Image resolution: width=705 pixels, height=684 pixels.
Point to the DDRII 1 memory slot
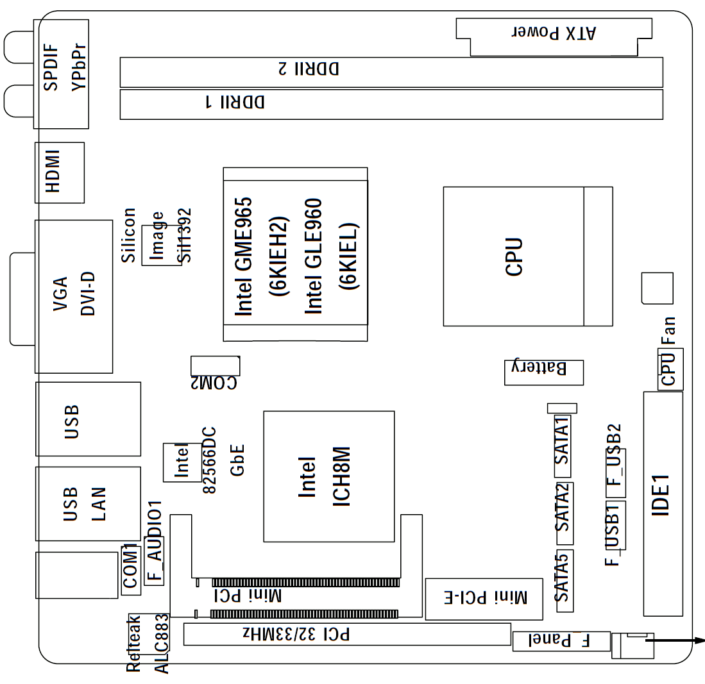point(391,104)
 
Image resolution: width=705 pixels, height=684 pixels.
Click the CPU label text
point(514,256)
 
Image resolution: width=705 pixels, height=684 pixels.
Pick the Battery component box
point(543,371)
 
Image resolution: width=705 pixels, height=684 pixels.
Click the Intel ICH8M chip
point(328,476)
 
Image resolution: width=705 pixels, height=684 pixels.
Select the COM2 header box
point(214,366)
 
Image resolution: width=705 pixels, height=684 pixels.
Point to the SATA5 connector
point(563,577)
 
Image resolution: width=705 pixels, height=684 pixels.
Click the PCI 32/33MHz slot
point(346,634)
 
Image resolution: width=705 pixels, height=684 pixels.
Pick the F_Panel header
point(560,639)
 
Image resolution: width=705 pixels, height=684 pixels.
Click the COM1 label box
point(130,567)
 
